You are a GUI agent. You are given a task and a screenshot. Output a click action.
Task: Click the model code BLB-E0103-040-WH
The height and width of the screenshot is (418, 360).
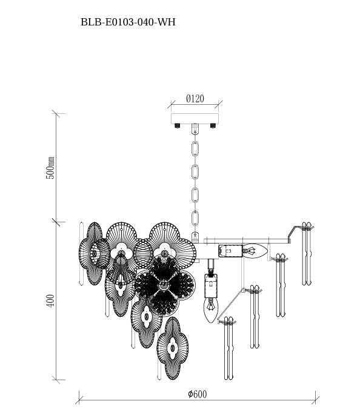128,22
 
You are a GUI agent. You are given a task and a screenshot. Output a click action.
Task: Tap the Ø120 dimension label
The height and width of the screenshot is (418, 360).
195,99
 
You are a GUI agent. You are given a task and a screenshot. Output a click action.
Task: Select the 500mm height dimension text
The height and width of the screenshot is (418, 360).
51,167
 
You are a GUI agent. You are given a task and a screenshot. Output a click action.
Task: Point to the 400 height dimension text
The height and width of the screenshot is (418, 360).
51,300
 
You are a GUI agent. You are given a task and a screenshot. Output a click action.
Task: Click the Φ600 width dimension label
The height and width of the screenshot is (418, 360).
198,394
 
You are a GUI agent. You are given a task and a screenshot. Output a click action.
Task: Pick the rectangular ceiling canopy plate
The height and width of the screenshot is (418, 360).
195,118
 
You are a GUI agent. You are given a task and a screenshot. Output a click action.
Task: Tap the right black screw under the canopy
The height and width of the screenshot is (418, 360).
212,125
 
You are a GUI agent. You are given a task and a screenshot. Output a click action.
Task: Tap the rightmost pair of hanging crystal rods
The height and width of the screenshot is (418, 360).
307,254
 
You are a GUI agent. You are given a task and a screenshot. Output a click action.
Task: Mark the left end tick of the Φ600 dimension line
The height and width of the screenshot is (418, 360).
79,398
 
